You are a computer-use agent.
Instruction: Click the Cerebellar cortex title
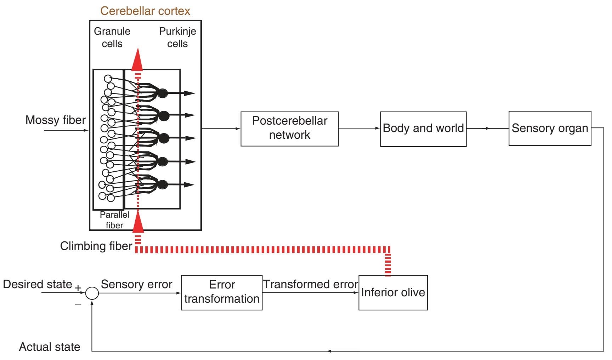145,11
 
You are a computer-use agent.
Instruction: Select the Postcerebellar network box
289,128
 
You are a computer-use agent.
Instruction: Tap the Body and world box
423,129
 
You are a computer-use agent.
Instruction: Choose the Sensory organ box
550,128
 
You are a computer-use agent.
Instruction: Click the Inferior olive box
393,292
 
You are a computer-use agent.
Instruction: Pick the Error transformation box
222,292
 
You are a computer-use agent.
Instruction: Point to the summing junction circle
92,293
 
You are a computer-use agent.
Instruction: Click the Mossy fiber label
56,120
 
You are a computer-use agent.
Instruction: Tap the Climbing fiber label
96,246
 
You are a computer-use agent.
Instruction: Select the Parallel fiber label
114,220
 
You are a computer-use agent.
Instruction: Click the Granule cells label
112,38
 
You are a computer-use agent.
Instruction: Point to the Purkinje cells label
177,38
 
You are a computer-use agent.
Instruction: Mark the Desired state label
38,284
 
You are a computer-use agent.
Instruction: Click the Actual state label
50,347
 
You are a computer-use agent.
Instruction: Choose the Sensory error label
136,284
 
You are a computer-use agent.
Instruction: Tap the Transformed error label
311,284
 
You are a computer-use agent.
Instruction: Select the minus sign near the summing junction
78,304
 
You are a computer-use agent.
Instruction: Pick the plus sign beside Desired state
78,287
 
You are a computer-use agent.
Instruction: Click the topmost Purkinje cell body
162,93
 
